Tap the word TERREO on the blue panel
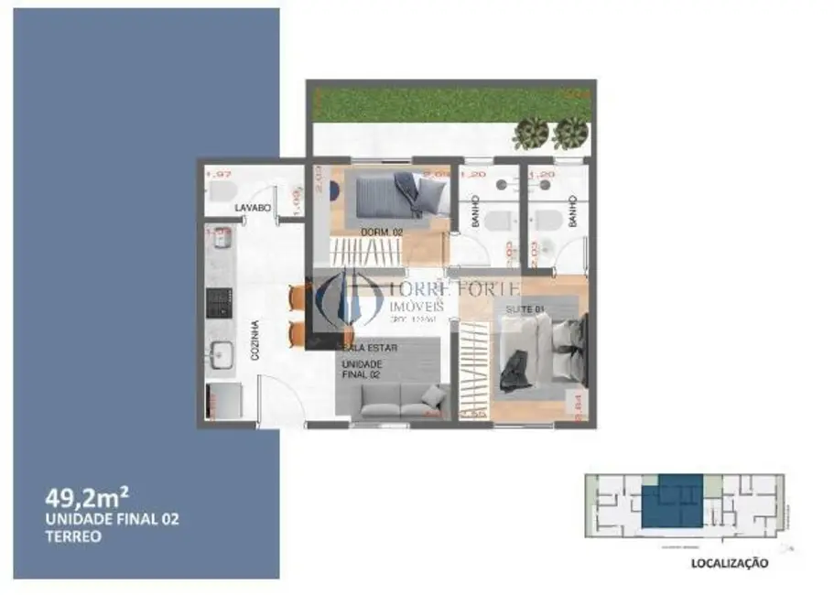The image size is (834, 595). [72, 537]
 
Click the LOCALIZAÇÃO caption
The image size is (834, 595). [728, 565]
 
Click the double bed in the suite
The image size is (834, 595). [545, 352]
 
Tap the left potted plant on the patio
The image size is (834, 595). [531, 133]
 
